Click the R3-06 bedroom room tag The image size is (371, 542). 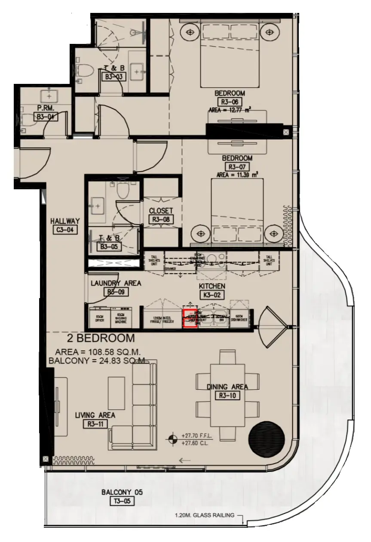pos(230,102)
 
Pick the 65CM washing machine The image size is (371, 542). pos(123,319)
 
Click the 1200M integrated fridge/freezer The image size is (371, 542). pos(162,319)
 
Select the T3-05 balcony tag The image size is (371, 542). pos(122,501)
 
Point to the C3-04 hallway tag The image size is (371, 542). pos(65,230)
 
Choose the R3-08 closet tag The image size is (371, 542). pos(161,219)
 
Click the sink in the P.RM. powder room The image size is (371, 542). pos(47,95)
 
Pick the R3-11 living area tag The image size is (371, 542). pos(95,424)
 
